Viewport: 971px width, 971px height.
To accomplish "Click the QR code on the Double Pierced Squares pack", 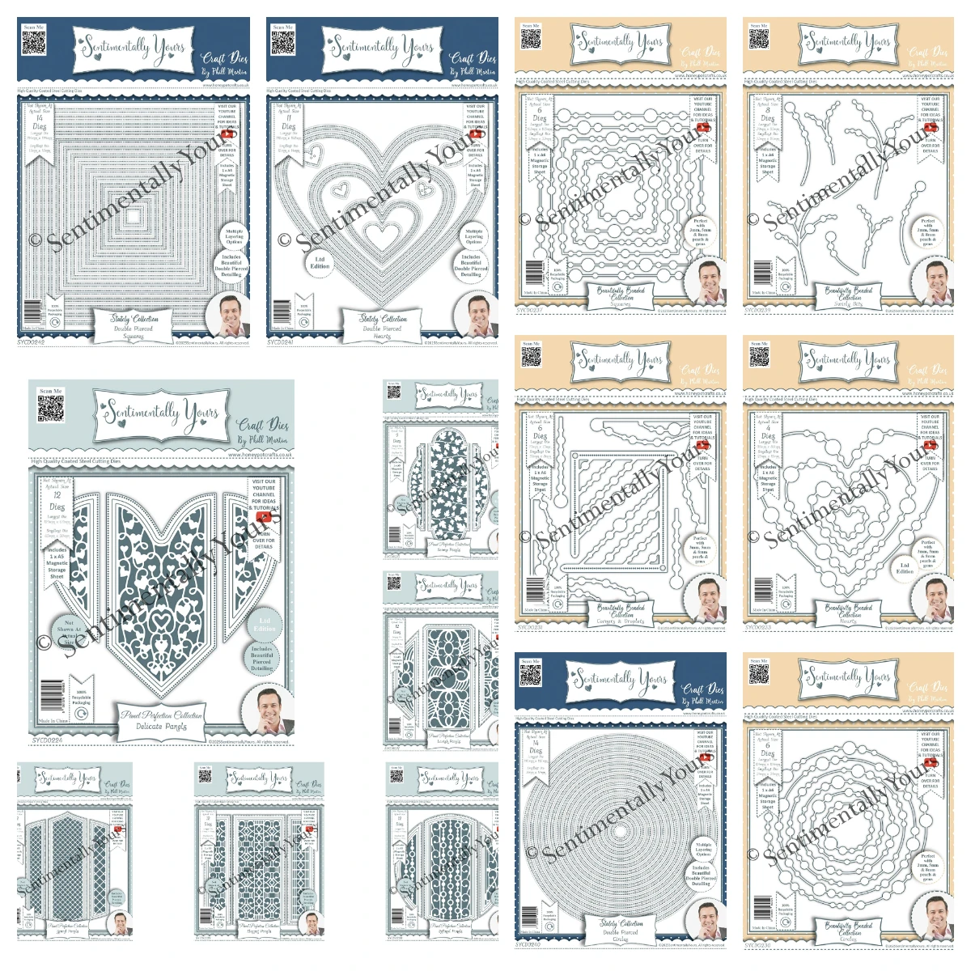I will coord(34,43).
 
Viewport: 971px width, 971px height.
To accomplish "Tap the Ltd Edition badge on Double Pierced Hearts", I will coord(320,262).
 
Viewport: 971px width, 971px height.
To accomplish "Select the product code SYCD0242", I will coord(31,342).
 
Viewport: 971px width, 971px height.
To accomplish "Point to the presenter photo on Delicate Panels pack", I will coord(273,710).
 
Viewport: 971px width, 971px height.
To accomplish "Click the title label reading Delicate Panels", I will coord(162,721).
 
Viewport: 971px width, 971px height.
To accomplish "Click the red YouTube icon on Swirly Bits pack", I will coord(930,127).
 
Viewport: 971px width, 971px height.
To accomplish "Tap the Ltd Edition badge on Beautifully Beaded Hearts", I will coord(905,569).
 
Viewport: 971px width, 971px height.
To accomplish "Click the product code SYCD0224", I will coord(47,740).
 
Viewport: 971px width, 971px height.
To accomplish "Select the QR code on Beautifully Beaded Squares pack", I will coord(531,40).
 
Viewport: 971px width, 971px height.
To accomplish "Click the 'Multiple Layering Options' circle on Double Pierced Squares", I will coord(234,236).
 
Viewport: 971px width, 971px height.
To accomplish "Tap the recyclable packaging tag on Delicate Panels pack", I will coord(81,698).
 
